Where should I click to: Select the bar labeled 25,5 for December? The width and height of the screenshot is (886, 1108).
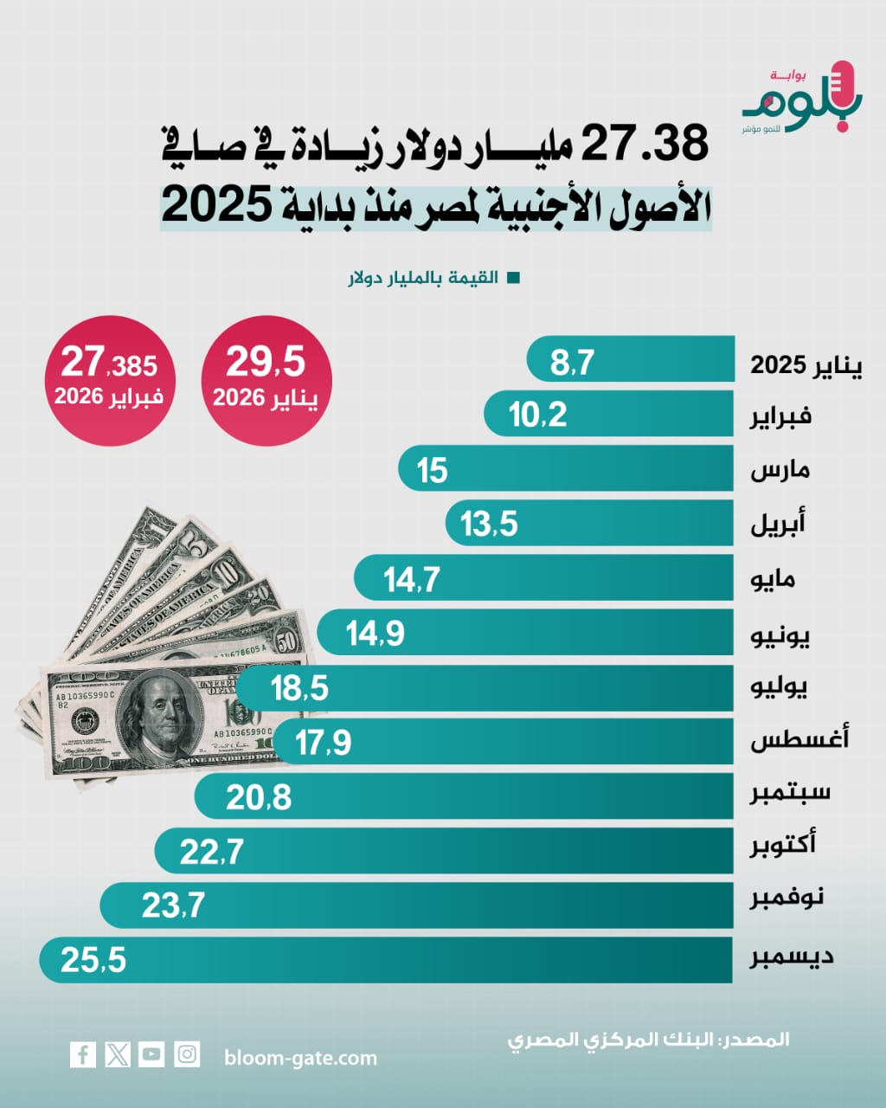[x=386, y=960]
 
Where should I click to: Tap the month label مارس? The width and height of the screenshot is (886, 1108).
[x=780, y=471]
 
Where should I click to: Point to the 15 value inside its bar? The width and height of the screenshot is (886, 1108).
[x=432, y=471]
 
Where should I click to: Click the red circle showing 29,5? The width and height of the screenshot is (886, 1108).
[x=266, y=381]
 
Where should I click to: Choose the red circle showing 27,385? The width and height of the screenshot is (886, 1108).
[x=109, y=381]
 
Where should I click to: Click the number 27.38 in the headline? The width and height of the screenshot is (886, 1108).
[x=645, y=145]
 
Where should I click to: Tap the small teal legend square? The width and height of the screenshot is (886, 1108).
[x=513, y=279]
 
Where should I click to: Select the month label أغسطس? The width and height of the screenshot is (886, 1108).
[x=799, y=739]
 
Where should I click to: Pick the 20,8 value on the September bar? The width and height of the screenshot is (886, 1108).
[x=259, y=797]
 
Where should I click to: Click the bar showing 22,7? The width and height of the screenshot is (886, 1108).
[x=444, y=851]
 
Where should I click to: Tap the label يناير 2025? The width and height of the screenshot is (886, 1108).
[x=806, y=365]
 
